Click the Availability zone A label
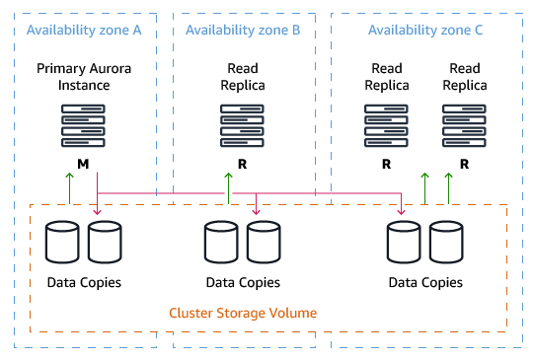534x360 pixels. tap(84, 31)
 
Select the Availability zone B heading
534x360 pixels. tap(243, 31)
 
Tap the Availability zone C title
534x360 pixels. tap(425, 31)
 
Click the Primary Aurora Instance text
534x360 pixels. tap(84, 77)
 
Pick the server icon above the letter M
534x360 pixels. tap(84, 126)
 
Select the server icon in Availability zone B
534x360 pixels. tap(242, 126)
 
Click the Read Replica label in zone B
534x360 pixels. tap(242, 77)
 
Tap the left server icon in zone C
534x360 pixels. tap(386, 126)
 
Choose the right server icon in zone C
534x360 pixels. tap(464, 126)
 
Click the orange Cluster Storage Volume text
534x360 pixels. tap(243, 313)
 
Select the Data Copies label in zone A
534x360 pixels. tap(84, 282)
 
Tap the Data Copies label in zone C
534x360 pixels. tap(425, 282)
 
